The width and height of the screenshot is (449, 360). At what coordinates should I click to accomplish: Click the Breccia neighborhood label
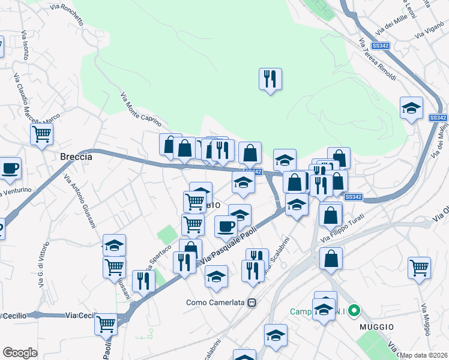(76, 157)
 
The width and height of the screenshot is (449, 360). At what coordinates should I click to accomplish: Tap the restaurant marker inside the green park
(270, 79)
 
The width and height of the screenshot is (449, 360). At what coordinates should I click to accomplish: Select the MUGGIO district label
(376, 326)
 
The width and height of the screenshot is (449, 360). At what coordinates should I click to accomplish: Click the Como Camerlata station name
(216, 302)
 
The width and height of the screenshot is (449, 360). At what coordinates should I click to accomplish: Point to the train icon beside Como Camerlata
(253, 302)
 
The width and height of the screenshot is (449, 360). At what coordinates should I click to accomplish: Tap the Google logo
(19, 353)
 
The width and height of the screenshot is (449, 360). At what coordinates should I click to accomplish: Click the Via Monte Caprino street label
(142, 109)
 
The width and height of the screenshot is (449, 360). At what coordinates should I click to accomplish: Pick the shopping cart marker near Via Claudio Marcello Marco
(41, 134)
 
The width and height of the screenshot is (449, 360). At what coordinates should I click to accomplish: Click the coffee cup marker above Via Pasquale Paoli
(226, 226)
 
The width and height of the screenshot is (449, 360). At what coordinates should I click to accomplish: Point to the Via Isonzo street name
(25, 46)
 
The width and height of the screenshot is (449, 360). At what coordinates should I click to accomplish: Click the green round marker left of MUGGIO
(354, 311)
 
